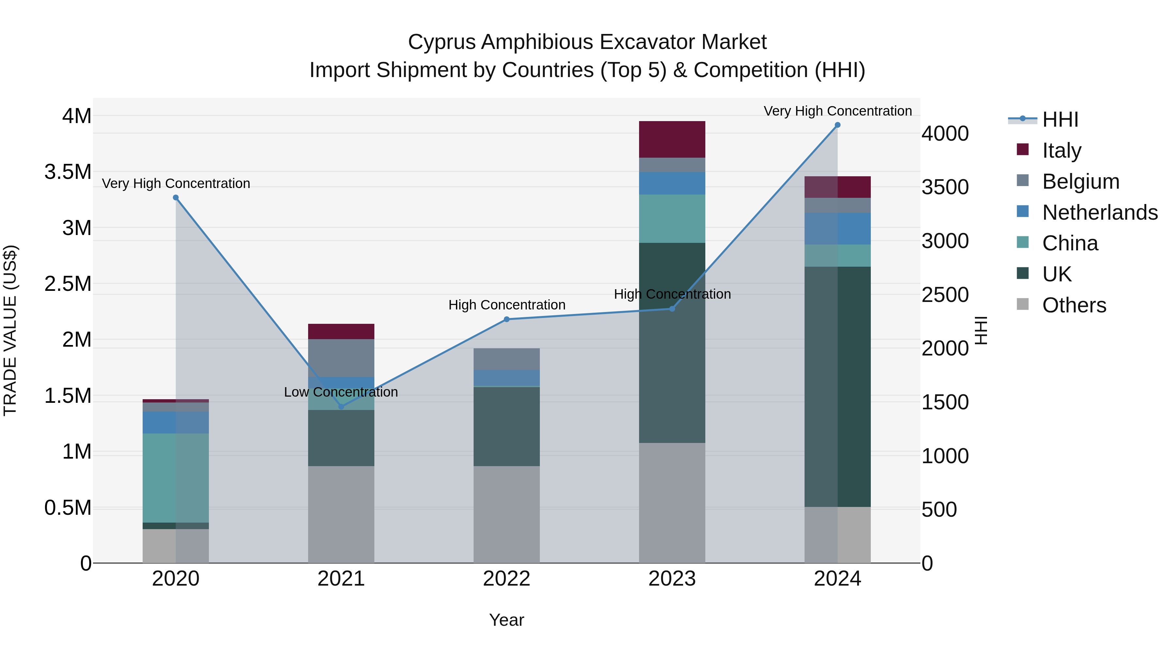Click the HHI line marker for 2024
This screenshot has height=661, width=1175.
pos(838,125)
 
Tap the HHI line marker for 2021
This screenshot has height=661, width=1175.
pos(341,406)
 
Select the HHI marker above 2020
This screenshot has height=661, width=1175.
pos(176,197)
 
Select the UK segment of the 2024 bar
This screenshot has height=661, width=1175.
pos(838,386)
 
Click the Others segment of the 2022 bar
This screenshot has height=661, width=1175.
pos(506,514)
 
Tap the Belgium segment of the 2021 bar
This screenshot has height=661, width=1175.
pos(341,358)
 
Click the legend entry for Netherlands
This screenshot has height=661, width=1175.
pos(1100,212)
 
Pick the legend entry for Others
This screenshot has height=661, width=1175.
pos(1074,305)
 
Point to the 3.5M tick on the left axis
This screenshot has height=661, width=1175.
pos(68,172)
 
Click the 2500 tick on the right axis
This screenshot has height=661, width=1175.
pos(945,295)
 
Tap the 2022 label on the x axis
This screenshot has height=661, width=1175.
pos(506,579)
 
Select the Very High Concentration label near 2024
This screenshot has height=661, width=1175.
pos(838,111)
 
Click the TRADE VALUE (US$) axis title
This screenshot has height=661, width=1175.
pos(10,330)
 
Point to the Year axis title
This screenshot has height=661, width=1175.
pos(506,620)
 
